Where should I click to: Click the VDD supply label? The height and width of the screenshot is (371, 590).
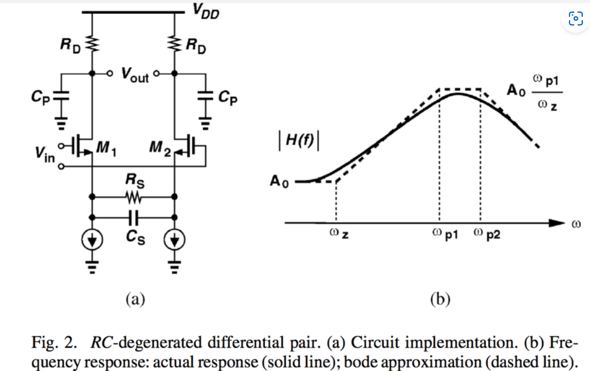click(206, 11)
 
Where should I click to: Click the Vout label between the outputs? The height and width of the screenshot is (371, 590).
click(135, 75)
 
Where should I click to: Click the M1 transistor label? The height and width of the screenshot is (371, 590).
click(106, 148)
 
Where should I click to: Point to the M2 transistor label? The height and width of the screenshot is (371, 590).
click(160, 148)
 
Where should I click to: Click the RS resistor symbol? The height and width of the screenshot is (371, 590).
click(133, 197)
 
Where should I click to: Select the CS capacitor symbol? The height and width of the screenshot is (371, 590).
click(133, 217)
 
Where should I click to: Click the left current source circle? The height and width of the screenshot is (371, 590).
click(92, 240)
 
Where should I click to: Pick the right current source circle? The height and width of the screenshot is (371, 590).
click(174, 240)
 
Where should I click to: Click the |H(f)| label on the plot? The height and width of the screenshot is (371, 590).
click(299, 141)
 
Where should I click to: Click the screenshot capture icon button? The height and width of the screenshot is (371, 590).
click(576, 18)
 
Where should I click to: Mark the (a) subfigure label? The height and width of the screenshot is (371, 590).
click(135, 299)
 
